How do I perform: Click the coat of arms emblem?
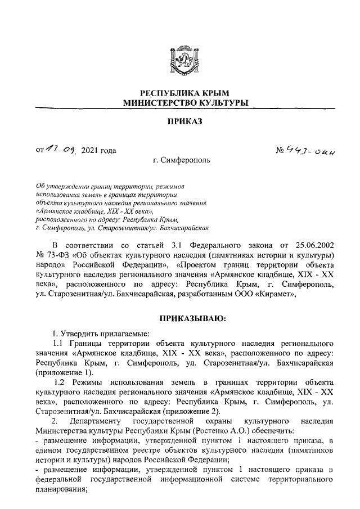pos(179,60)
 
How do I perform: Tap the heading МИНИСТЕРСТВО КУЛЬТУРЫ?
pos(179,103)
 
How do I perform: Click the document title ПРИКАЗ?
pos(180,121)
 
